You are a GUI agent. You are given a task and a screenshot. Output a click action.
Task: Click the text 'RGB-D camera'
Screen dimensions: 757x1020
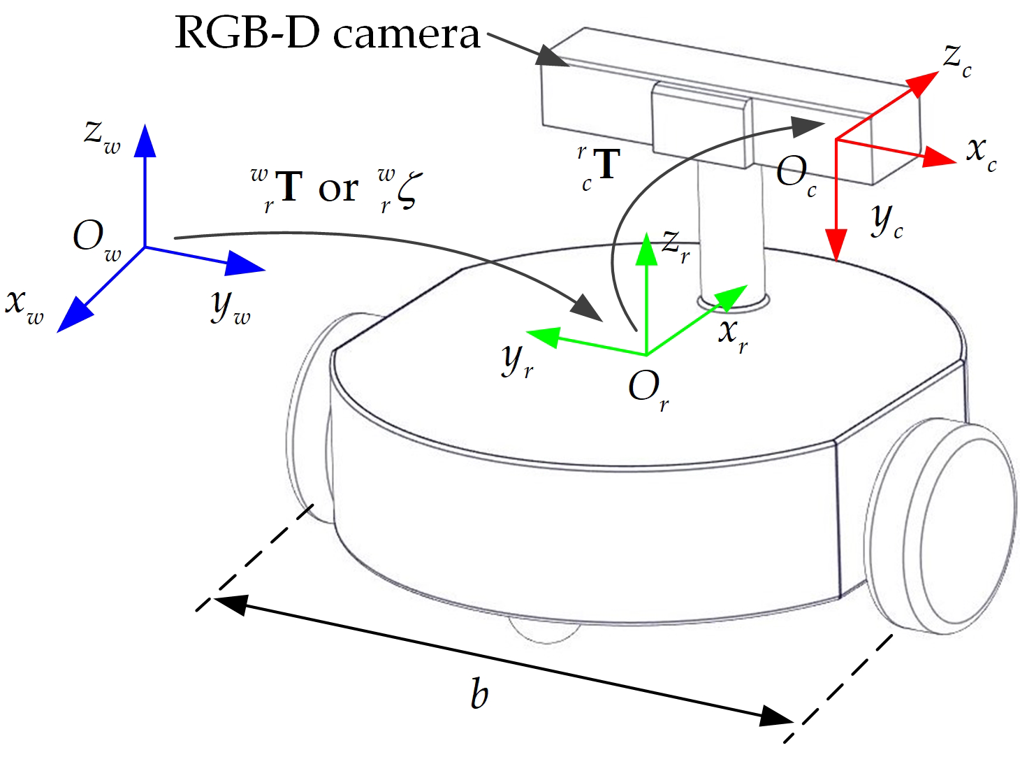(327, 34)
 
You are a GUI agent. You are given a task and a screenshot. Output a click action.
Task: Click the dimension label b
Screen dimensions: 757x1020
(479, 694)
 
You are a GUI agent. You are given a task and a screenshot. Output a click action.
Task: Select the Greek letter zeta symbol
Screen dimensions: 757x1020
(407, 190)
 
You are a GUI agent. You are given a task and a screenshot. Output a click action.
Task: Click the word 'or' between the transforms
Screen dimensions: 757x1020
(338, 189)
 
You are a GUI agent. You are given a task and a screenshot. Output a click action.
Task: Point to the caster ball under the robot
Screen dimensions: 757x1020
(544, 629)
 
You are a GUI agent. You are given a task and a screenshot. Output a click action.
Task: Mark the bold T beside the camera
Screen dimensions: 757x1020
(606, 165)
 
